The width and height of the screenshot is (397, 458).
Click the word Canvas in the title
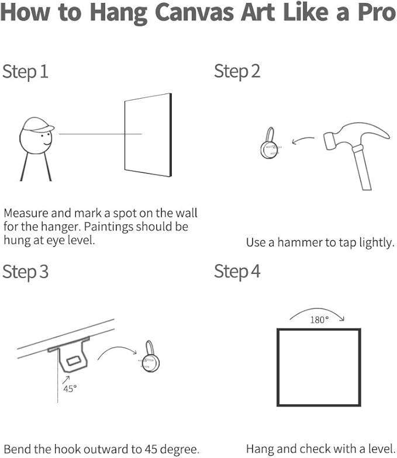click(x=195, y=12)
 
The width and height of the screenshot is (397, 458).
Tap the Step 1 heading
click(x=25, y=72)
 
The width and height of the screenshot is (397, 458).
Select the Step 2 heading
click(x=237, y=71)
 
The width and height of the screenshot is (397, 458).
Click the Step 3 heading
click(x=25, y=272)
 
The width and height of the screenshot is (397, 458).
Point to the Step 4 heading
click(x=237, y=272)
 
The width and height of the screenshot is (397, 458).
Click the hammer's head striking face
click(x=328, y=141)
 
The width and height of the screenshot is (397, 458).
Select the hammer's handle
click(x=363, y=168)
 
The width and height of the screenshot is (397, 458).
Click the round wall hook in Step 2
click(x=270, y=144)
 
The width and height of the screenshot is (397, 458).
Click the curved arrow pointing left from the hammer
click(x=303, y=140)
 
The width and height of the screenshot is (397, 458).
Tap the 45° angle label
click(x=70, y=389)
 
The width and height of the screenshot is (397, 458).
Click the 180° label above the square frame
click(x=319, y=320)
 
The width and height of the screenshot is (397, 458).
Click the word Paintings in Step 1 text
click(x=108, y=227)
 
